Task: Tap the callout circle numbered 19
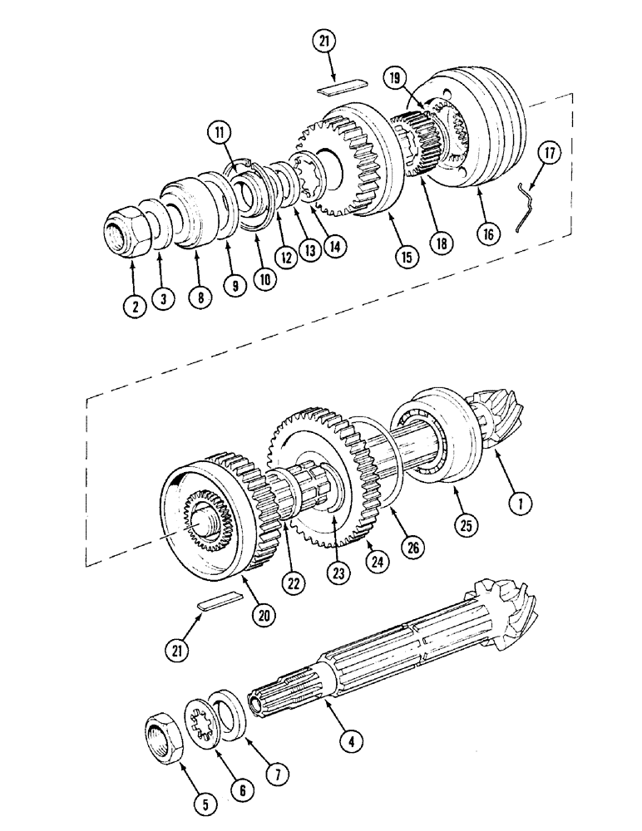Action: point(397,79)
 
